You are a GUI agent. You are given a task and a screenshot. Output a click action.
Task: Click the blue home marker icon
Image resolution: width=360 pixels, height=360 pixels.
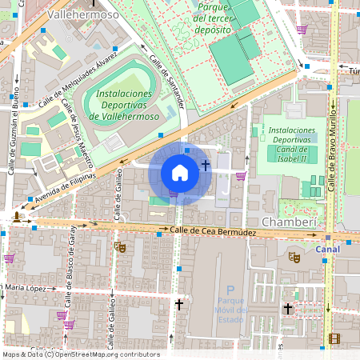click(180, 173)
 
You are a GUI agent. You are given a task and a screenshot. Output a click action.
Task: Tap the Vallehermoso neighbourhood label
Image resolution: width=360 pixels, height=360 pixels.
click(82, 14)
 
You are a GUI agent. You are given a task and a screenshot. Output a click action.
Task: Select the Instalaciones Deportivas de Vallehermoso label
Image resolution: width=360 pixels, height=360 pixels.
click(123, 105)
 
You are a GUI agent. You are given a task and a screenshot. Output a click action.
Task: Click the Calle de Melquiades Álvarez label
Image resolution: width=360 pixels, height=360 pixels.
click(78, 79)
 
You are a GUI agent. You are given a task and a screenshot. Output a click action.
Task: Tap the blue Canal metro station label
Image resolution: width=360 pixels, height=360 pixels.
click(328, 249)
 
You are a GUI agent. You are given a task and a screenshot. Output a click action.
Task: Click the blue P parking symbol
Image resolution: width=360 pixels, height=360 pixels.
click(230, 290)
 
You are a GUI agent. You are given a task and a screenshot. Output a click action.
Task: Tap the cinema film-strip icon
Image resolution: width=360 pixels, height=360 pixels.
click(334, 339)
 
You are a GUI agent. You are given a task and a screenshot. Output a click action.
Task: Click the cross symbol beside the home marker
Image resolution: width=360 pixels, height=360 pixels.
click(206, 165)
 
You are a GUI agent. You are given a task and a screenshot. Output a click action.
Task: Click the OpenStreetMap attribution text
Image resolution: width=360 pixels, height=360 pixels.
click(80, 354)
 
